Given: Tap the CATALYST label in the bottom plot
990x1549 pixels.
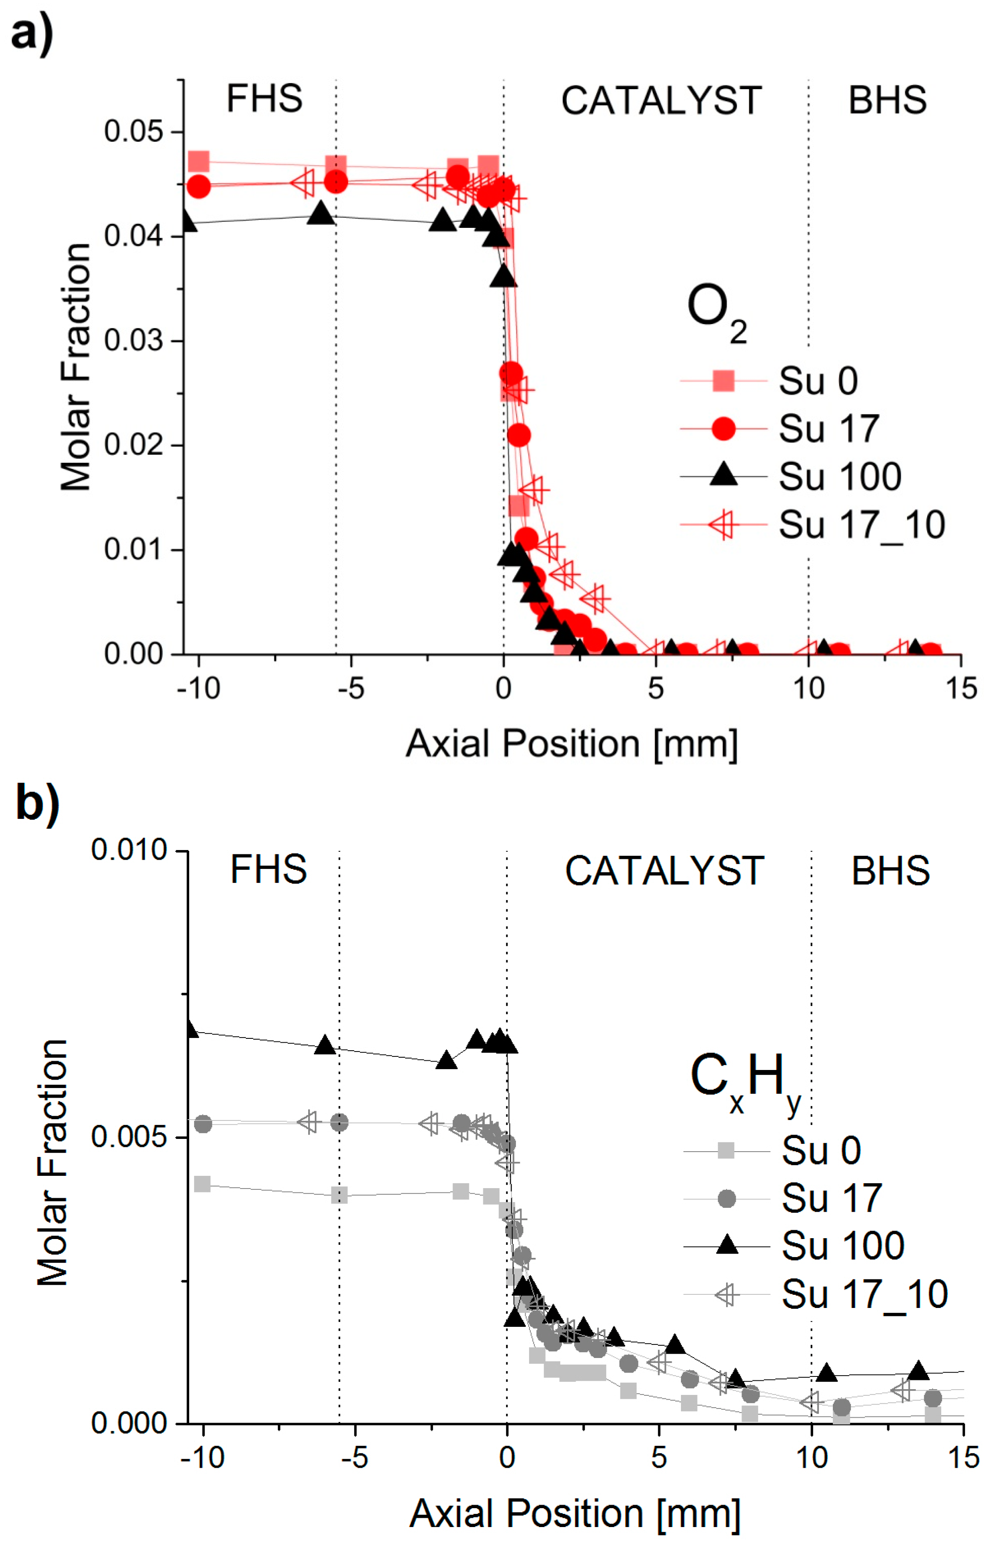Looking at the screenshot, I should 664,871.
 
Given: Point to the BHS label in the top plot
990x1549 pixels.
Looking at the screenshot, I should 887,101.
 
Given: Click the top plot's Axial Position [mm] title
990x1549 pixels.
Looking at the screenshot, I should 571,744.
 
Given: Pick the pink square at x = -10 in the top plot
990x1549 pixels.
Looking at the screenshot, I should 199,162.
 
